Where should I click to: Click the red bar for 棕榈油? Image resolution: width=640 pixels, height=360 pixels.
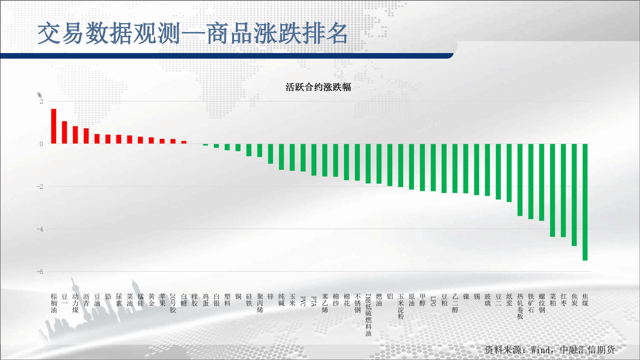click(54, 126)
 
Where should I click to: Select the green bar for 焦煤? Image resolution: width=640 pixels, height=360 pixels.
click(585, 202)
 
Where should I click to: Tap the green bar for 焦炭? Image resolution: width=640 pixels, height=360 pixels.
click(574, 195)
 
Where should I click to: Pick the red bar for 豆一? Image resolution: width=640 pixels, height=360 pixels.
click(65, 132)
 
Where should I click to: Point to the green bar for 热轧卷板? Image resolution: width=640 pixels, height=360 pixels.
click(520, 180)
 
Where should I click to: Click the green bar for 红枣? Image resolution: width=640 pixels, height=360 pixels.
click(563, 190)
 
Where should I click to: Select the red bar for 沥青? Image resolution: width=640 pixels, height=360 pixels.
click(86, 136)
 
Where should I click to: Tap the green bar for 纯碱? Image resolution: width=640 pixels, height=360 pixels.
click(281, 157)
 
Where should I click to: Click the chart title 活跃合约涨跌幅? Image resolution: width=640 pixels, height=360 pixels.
click(318, 87)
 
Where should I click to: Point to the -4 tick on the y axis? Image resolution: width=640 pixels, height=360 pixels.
click(40, 229)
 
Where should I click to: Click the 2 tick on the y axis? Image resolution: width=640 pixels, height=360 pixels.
click(41, 102)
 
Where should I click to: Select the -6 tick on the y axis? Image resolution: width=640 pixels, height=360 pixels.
click(40, 272)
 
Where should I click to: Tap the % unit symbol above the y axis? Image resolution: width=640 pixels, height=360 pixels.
click(39, 95)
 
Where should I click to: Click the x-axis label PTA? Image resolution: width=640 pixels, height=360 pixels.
click(314, 301)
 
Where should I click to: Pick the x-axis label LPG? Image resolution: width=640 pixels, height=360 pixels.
click(433, 301)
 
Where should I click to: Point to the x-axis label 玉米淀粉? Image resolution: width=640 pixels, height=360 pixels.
click(401, 306)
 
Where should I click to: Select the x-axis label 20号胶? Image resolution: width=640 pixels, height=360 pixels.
click(173, 303)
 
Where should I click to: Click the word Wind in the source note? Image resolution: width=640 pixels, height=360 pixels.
click(540, 350)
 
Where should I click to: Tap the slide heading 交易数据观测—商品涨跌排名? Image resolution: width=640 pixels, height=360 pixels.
click(193, 33)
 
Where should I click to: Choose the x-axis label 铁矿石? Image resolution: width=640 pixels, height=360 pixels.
click(531, 303)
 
